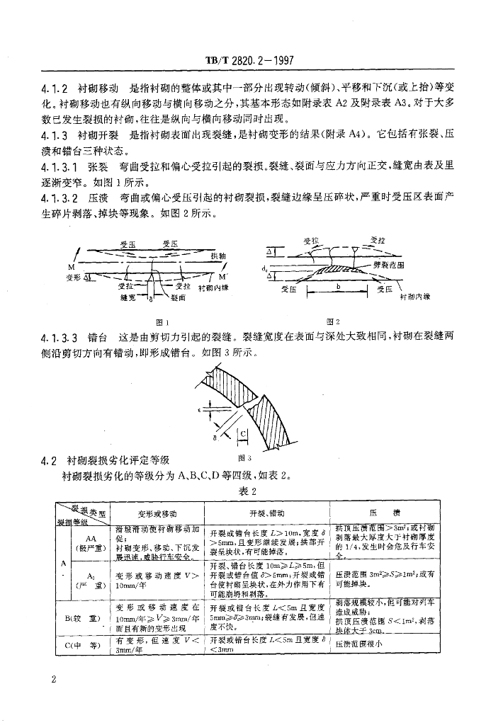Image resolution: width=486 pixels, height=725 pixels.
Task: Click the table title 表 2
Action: (242, 490)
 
